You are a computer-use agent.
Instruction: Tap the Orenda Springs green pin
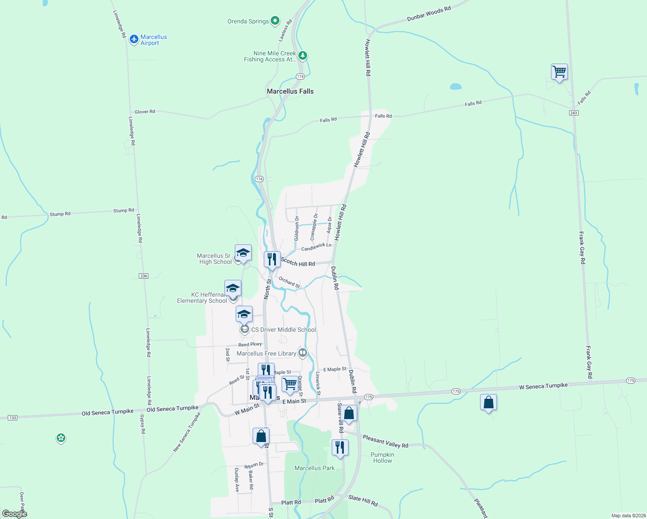click(275, 21)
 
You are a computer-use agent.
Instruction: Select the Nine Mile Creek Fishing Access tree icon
click(303, 55)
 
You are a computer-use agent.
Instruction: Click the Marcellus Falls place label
click(290, 91)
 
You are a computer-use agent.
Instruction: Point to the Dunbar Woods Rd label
click(429, 14)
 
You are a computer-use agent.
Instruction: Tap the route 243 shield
click(573, 113)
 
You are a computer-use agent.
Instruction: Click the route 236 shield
click(144, 276)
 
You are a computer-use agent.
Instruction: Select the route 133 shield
click(13, 418)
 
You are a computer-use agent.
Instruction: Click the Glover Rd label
click(144, 112)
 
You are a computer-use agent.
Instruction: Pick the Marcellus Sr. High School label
click(215, 259)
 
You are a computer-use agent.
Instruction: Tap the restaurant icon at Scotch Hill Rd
click(272, 259)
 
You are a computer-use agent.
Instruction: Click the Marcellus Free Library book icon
click(303, 353)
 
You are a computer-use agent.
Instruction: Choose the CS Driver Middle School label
click(283, 330)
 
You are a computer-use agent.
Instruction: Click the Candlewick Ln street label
click(316, 247)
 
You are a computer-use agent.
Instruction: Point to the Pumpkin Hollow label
click(382, 458)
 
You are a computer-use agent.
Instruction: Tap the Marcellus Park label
click(314, 468)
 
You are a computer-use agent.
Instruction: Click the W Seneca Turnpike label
click(543, 386)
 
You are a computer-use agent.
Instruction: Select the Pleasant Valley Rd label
click(385, 442)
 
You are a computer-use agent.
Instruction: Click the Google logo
click(15, 513)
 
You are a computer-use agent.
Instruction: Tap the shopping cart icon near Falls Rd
click(559, 72)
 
